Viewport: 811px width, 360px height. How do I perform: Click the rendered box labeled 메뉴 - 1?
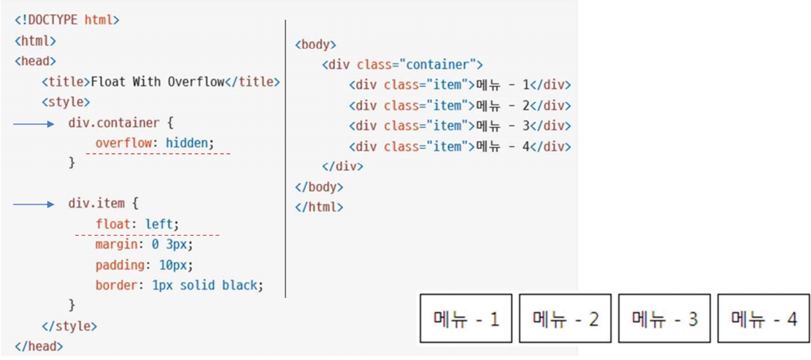466,318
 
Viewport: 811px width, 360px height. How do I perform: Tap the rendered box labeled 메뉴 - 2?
565,318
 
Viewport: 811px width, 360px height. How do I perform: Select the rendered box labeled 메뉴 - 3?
664,318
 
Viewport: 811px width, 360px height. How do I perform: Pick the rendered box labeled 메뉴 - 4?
764,318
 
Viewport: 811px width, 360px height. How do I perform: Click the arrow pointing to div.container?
34,124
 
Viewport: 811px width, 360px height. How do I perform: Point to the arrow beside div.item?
34,204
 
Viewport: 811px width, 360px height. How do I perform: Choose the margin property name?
115,245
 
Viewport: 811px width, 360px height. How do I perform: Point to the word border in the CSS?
115,285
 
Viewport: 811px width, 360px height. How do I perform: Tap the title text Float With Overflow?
157,82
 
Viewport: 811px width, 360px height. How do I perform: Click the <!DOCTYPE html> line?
66,20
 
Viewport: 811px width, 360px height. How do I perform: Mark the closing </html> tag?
319,207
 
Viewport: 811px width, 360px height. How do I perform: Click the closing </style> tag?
69,326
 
